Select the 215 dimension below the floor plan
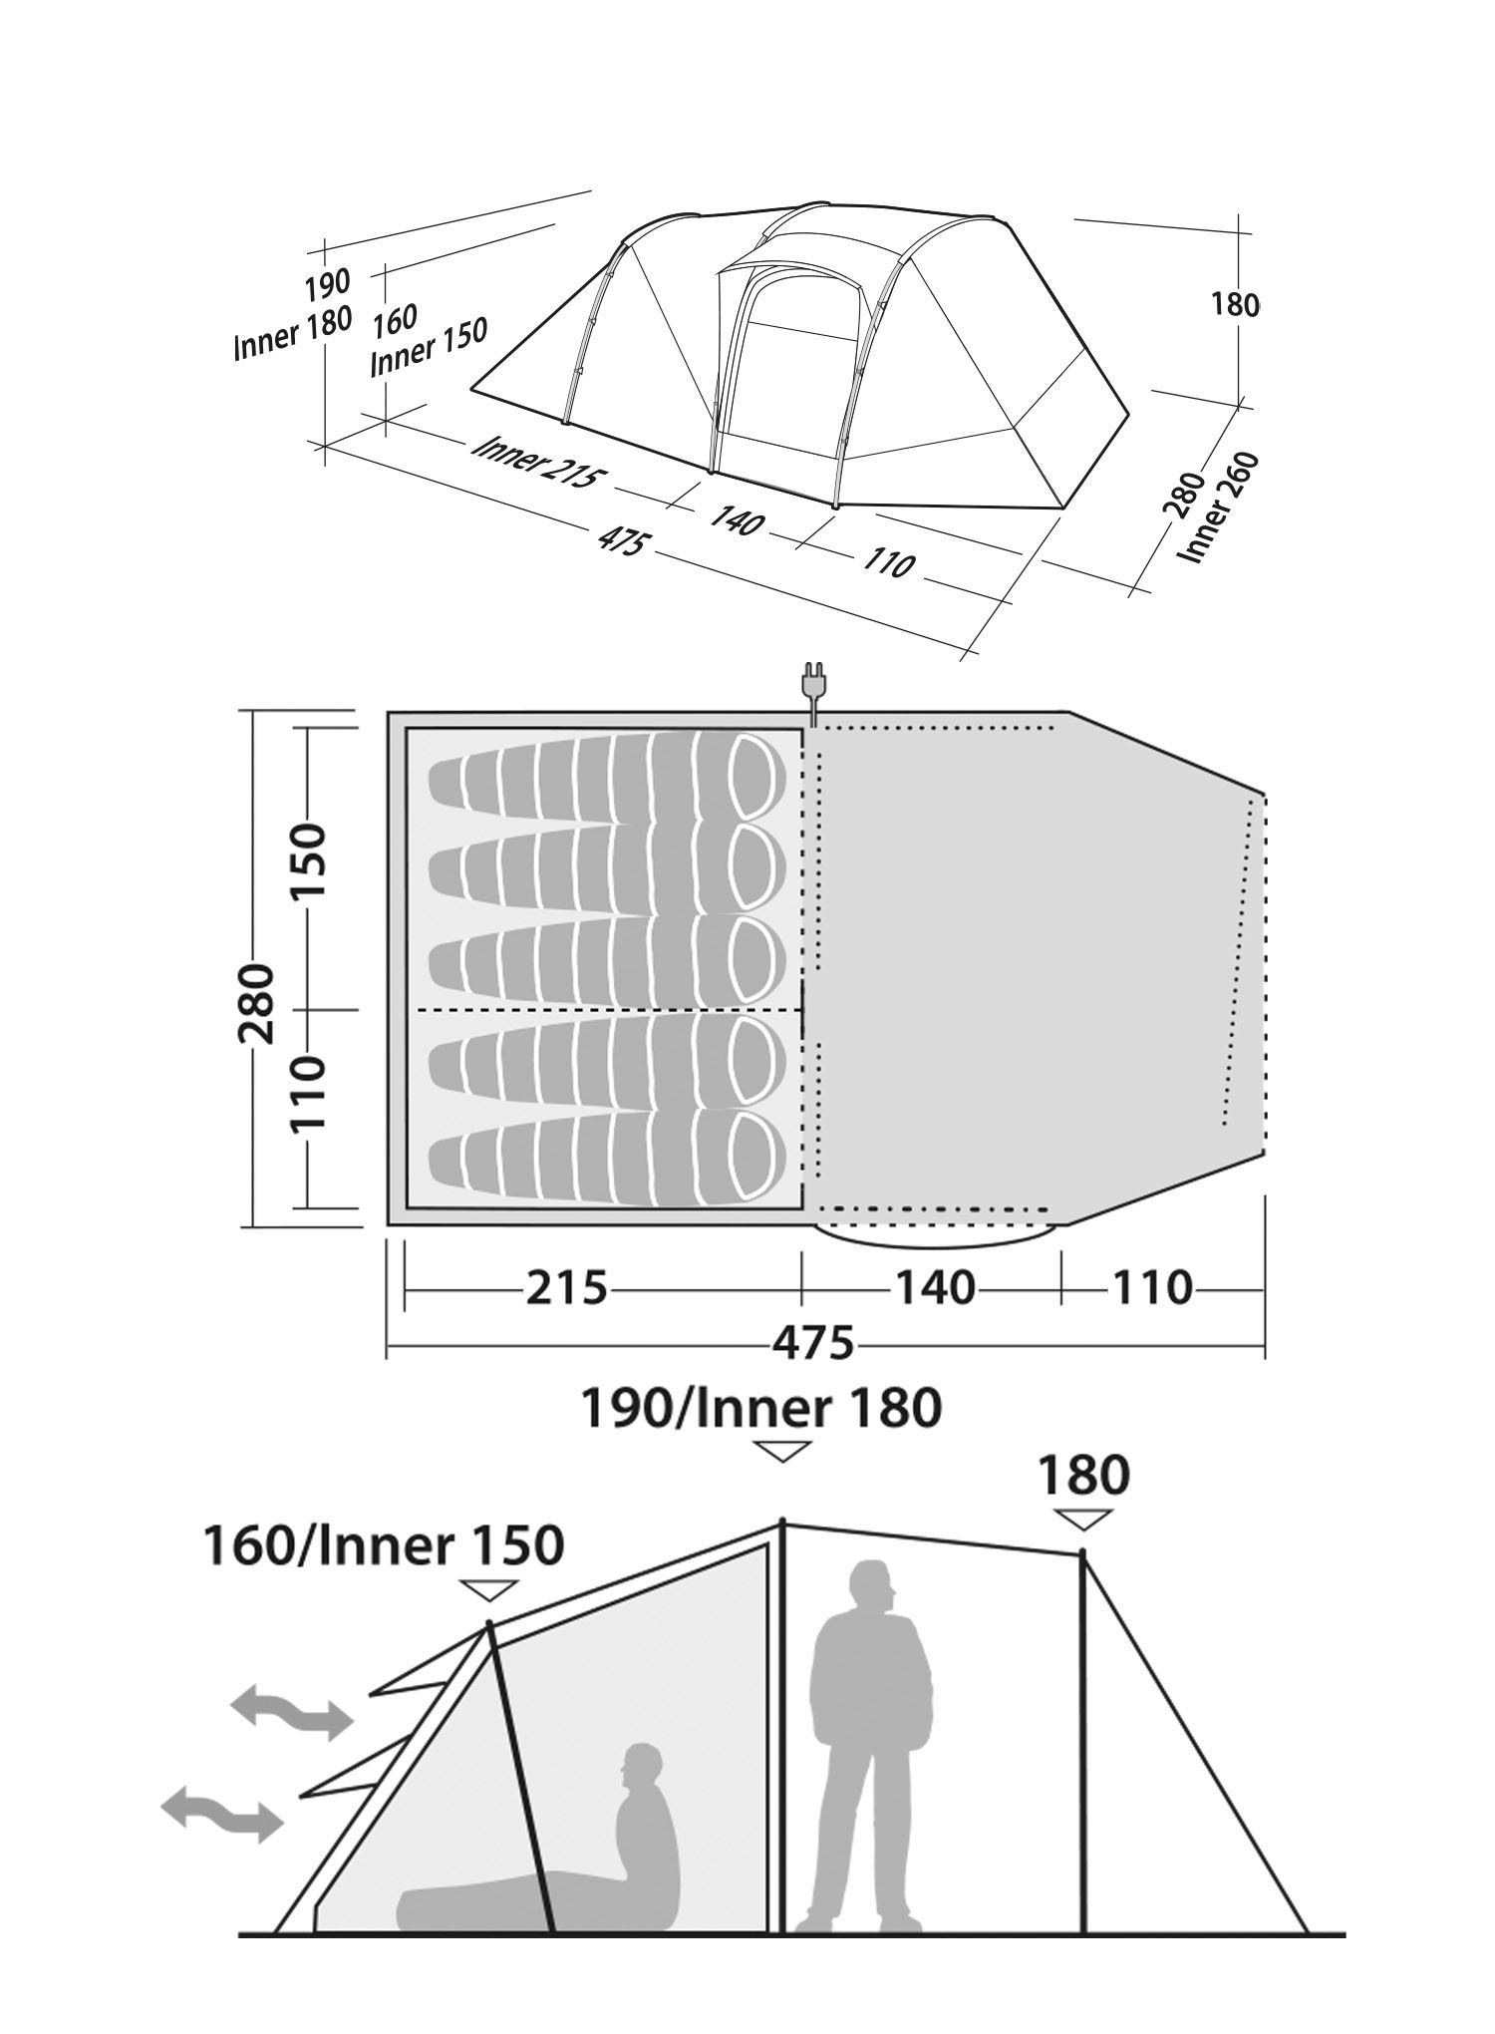[566, 1288]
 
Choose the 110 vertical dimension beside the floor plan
[307, 1094]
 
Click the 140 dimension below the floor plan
[933, 1288]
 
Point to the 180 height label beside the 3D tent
[1236, 304]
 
